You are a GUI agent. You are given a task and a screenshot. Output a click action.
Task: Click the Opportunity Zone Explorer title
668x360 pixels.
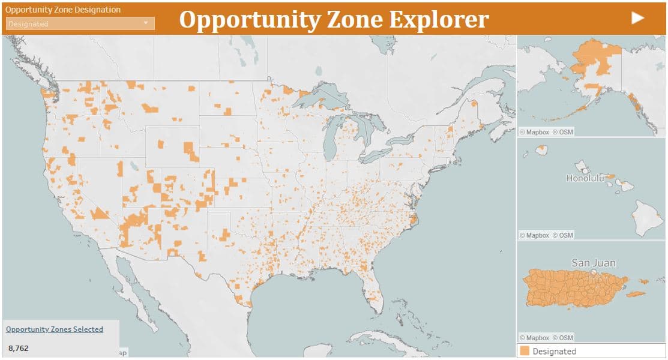pyautogui.click(x=334, y=19)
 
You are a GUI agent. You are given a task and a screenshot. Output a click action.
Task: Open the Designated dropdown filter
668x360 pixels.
pyautogui.click(x=80, y=23)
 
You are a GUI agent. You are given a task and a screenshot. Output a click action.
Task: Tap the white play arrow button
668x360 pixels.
pyautogui.click(x=637, y=18)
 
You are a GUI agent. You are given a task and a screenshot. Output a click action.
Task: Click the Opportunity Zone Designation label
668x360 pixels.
pyautogui.click(x=62, y=10)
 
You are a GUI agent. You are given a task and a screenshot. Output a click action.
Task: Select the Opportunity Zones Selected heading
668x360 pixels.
pyautogui.click(x=54, y=329)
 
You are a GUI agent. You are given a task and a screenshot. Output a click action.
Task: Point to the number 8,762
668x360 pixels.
pyautogui.click(x=18, y=348)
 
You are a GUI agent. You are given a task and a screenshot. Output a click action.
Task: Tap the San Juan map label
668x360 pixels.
pyautogui.click(x=593, y=263)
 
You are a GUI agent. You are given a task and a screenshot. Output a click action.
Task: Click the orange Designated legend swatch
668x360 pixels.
pyautogui.click(x=525, y=351)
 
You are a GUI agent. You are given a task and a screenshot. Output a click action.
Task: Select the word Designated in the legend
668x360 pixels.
pyautogui.click(x=554, y=352)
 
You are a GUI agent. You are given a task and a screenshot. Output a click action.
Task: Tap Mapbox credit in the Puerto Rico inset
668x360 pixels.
pyautogui.click(x=534, y=338)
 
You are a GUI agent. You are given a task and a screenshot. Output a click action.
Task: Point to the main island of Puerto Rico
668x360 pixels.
pyautogui.click(x=573, y=288)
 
